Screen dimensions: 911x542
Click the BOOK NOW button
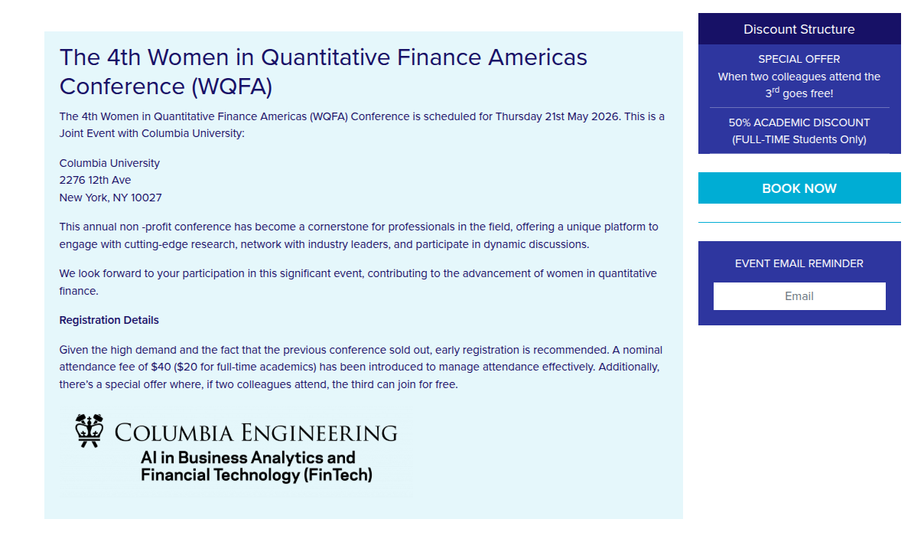[x=799, y=188]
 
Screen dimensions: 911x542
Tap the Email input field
[x=799, y=296]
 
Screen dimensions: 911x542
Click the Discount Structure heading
[x=799, y=29]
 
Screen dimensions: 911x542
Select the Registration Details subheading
[x=109, y=320]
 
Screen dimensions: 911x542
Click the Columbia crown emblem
[x=89, y=430]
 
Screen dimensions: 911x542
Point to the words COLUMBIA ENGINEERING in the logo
[x=255, y=433]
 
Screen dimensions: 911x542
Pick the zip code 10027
[x=146, y=198]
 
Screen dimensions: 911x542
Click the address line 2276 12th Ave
[x=96, y=180]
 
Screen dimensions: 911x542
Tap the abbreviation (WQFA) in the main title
[x=232, y=87]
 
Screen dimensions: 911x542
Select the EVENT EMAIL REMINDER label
[x=799, y=263]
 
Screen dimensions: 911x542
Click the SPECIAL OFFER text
[x=799, y=59]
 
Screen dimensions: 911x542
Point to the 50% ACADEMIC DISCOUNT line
[x=799, y=122]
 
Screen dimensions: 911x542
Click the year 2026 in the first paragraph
[x=605, y=116]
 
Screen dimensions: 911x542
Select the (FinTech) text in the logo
[x=337, y=475]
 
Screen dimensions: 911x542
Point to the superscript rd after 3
[x=776, y=90]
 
